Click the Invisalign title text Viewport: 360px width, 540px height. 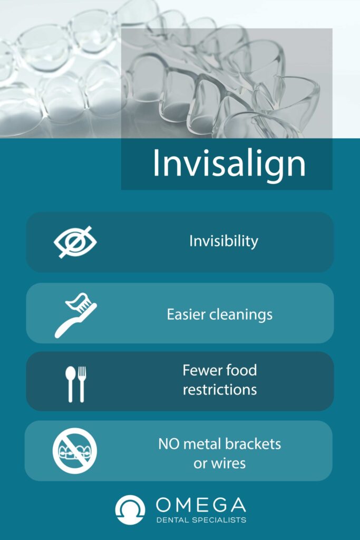click(x=229, y=163)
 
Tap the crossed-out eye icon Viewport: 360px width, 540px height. click(x=75, y=242)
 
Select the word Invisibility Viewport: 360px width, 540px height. click(x=223, y=242)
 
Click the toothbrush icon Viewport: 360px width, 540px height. click(x=75, y=316)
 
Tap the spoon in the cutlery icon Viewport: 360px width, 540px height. click(x=70, y=384)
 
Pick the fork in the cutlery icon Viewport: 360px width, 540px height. click(x=82, y=384)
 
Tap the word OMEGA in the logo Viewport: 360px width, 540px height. click(x=201, y=505)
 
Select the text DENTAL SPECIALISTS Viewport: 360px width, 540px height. click(x=201, y=520)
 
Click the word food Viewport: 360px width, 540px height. click(x=242, y=370)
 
